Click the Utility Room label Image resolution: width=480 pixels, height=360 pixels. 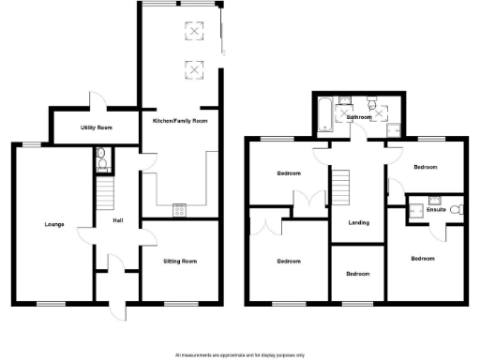pos(96,127)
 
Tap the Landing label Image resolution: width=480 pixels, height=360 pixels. pos(357,223)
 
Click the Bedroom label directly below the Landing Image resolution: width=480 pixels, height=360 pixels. pos(357,274)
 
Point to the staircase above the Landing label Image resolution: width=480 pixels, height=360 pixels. pos(343,185)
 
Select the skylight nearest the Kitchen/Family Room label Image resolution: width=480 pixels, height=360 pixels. pos(194,68)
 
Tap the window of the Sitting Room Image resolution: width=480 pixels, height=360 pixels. pos(182,303)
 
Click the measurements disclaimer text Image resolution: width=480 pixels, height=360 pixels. pos(240,355)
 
